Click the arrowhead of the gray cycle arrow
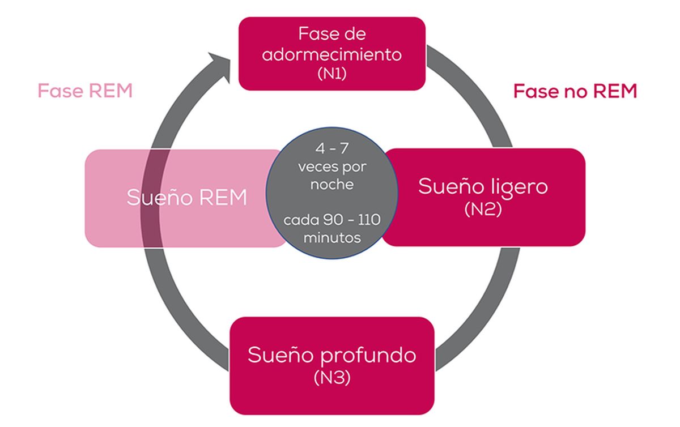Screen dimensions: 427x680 point(219,62)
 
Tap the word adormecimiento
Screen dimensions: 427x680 point(331,55)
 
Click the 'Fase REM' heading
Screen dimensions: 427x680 point(85,91)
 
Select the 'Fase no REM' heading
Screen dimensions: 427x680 point(575,91)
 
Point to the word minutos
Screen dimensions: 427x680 point(331,237)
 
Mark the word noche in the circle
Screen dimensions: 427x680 point(331,185)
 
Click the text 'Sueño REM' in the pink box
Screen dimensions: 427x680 point(187,198)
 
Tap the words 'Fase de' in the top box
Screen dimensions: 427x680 point(331,34)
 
